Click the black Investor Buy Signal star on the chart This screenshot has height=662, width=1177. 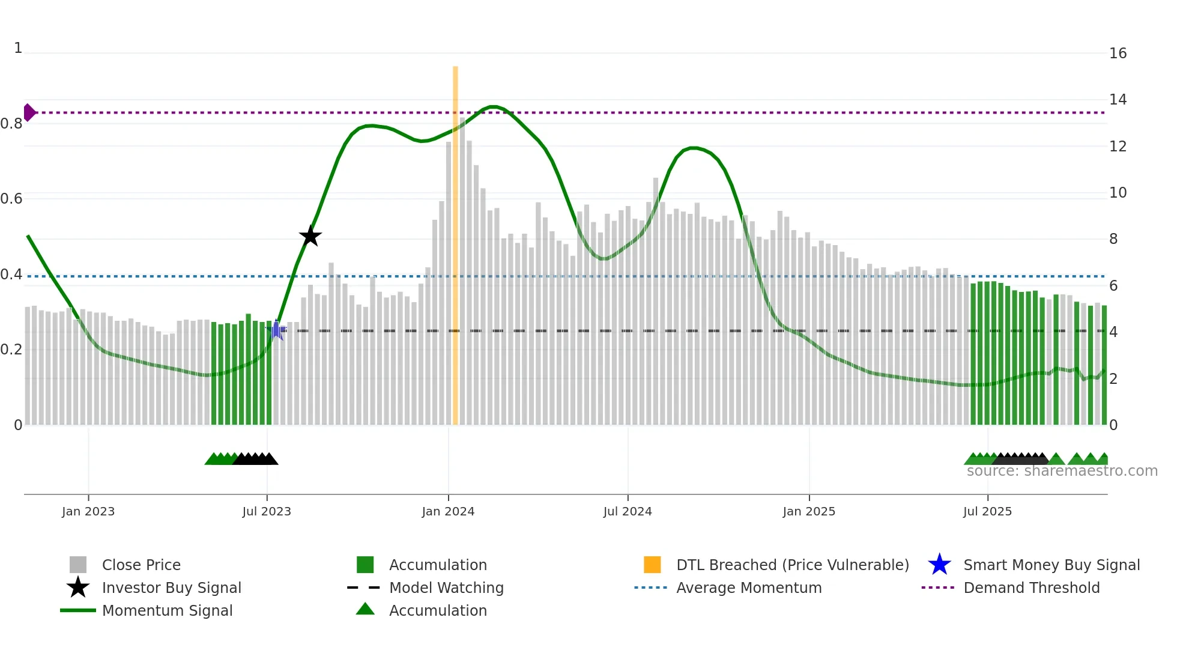pyautogui.click(x=310, y=236)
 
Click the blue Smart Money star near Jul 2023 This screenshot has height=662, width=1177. pyautogui.click(x=276, y=330)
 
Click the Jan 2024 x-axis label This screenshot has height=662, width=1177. pyautogui.click(x=448, y=511)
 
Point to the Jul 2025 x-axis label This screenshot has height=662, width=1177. pyautogui.click(x=987, y=511)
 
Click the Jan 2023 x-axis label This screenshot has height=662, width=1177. pyautogui.click(x=88, y=511)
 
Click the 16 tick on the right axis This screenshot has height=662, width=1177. pyautogui.click(x=1118, y=53)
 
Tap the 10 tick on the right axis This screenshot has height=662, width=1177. pyautogui.click(x=1118, y=193)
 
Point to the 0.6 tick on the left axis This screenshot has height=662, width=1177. pyautogui.click(x=11, y=199)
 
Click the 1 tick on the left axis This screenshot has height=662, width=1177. pyautogui.click(x=18, y=48)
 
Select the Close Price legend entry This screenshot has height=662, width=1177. pyautogui.click(x=141, y=565)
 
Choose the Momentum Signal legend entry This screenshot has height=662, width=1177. pyautogui.click(x=167, y=610)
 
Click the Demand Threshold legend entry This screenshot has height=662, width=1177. pyautogui.click(x=1031, y=588)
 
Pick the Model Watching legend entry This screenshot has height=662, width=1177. pyautogui.click(x=446, y=588)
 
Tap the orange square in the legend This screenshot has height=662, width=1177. pyautogui.click(x=652, y=565)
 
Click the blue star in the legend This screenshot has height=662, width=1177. pyautogui.click(x=939, y=565)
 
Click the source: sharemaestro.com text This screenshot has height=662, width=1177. pyautogui.click(x=1062, y=471)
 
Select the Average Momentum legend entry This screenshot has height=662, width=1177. pyautogui.click(x=749, y=588)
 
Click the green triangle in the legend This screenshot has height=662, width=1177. pyautogui.click(x=365, y=609)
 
